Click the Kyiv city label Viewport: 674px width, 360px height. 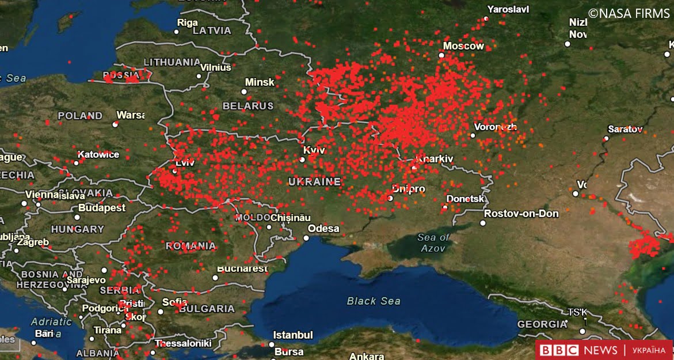click(x=314, y=150)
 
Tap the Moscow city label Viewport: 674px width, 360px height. click(x=463, y=46)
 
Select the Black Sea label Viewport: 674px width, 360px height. click(x=374, y=301)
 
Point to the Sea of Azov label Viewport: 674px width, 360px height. click(x=433, y=242)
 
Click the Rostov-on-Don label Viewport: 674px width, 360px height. click(x=521, y=214)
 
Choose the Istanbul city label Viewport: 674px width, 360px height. click(x=293, y=335)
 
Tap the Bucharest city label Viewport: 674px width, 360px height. click(x=242, y=268)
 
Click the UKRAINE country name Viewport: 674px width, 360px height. click(x=314, y=182)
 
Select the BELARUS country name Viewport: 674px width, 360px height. click(x=248, y=106)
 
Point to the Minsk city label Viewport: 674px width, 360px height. click(x=260, y=82)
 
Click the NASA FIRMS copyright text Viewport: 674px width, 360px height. click(x=629, y=13)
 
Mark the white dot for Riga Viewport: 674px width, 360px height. click(x=177, y=32)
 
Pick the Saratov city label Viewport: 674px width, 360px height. click(x=625, y=129)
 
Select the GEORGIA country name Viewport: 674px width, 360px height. click(x=542, y=324)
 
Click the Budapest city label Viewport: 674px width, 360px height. click(x=101, y=207)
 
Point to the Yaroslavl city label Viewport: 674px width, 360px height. click(x=508, y=9)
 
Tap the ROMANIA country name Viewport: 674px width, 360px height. click(x=191, y=246)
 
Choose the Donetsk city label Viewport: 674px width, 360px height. click(x=465, y=199)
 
